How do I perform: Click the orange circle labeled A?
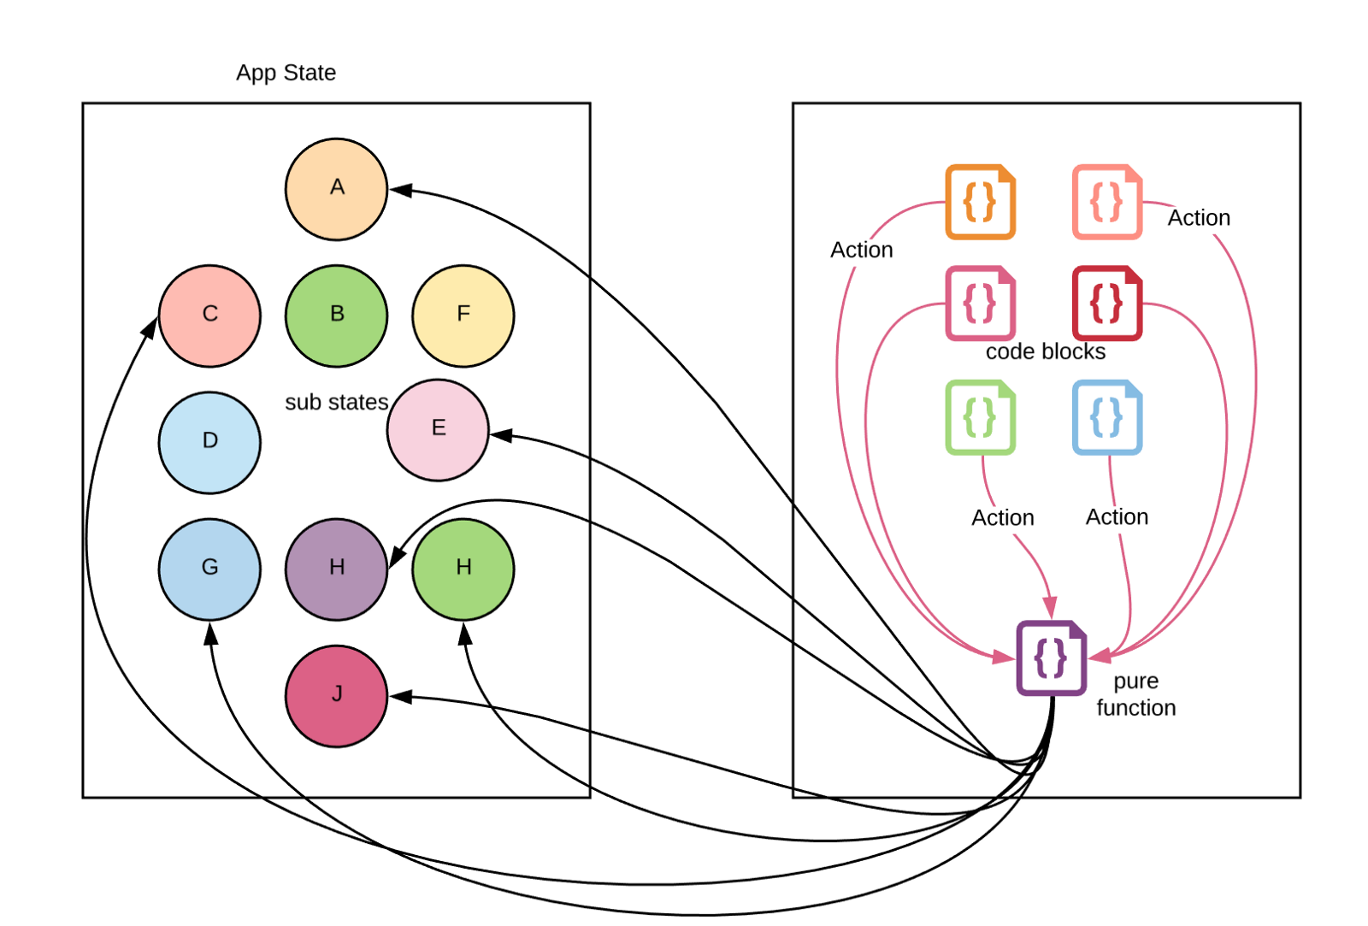(336, 189)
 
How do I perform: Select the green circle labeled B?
(336, 316)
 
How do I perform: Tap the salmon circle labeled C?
(209, 316)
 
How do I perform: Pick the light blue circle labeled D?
(209, 442)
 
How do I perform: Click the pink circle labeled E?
(438, 429)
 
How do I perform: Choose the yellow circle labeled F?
(463, 316)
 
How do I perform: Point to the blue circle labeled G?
(209, 569)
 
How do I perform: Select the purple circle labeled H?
(336, 569)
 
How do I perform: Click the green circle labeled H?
(463, 569)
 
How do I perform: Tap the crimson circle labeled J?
(336, 695)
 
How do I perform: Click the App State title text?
(286, 73)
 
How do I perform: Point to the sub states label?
(336, 402)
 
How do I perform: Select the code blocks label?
(1045, 351)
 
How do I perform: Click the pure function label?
(1135, 694)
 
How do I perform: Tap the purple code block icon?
(1051, 658)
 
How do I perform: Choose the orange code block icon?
(980, 202)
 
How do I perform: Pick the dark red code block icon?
(1106, 303)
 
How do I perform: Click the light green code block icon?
(980, 417)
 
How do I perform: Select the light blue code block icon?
(1106, 417)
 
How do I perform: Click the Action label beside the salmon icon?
(1199, 218)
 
